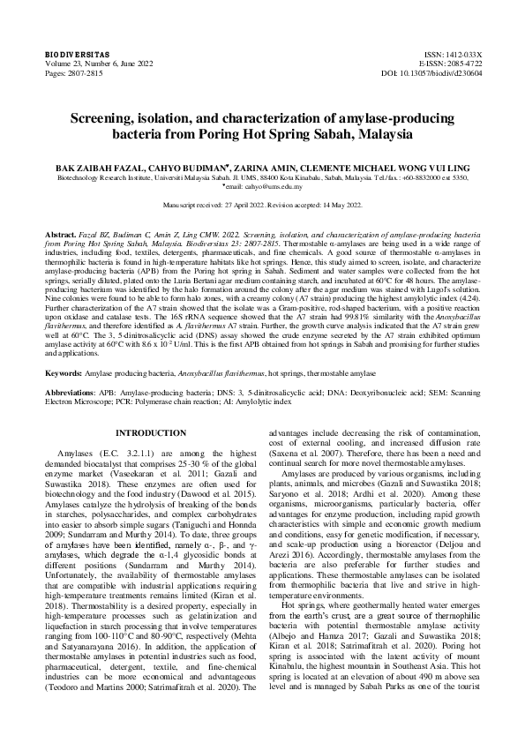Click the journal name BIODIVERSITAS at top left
[x=70, y=55]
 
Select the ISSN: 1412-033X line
[x=454, y=55]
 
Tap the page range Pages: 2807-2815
[x=75, y=74]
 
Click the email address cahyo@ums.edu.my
[x=270, y=187]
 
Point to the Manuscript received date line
[x=262, y=204]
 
